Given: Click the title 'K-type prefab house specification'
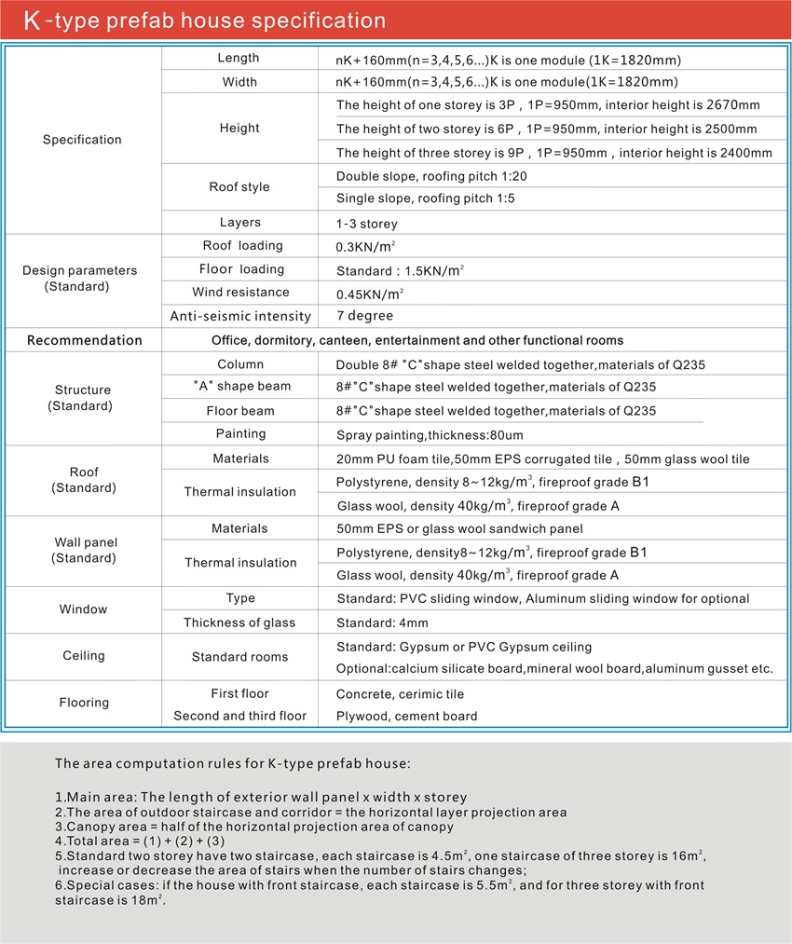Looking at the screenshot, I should click(x=204, y=21).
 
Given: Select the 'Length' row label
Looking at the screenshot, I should click(x=239, y=59).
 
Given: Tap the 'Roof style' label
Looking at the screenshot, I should click(x=239, y=187).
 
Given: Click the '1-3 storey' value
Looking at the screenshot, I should click(x=367, y=224).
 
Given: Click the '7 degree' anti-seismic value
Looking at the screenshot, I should click(x=364, y=317).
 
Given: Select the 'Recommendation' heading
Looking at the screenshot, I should click(x=85, y=340).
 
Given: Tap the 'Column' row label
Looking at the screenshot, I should click(x=240, y=364).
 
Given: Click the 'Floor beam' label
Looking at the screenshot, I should click(x=240, y=411).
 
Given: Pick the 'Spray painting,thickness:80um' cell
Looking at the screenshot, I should click(x=428, y=435).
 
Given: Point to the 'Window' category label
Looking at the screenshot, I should click(x=84, y=609).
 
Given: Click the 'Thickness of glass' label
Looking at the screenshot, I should click(x=239, y=622).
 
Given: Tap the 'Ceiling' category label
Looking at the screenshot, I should click(x=84, y=656).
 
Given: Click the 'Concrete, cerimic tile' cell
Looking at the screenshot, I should click(x=400, y=694).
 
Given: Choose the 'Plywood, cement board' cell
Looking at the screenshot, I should click(x=406, y=717).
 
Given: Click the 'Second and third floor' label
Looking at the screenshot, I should click(x=239, y=716).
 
